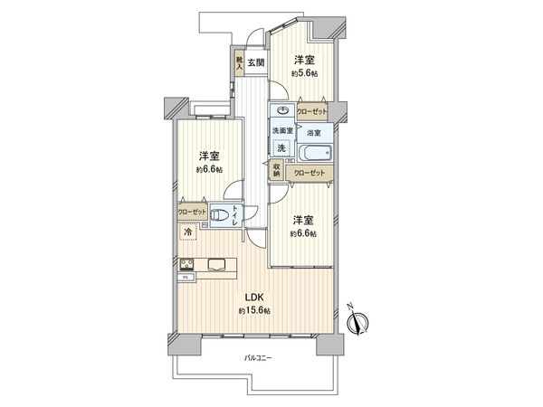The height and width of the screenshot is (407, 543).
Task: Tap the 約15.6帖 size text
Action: click(x=253, y=310)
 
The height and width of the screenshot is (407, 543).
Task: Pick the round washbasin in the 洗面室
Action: click(x=282, y=112)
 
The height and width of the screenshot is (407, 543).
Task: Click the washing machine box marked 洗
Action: click(x=281, y=147)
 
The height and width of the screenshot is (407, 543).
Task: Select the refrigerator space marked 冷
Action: click(x=188, y=232)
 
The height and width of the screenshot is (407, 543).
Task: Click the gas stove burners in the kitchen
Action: click(x=186, y=264)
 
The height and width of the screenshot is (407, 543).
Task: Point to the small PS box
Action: click(x=185, y=277)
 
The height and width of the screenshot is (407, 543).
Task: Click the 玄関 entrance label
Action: click(x=256, y=62)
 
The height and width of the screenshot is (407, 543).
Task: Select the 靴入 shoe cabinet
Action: click(x=239, y=64)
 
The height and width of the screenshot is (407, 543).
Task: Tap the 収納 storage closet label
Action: click(x=275, y=169)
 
